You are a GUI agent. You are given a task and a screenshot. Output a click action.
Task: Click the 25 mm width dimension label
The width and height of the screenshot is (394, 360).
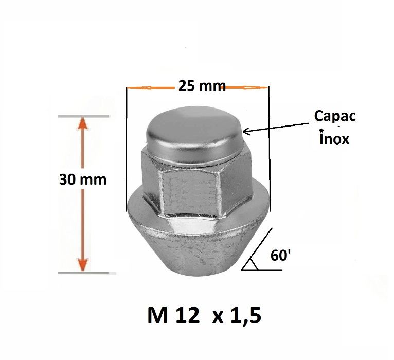[202, 86]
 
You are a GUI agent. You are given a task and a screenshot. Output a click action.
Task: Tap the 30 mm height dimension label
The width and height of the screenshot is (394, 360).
[83, 179]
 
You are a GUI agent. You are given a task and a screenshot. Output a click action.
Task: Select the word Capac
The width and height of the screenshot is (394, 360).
[334, 117]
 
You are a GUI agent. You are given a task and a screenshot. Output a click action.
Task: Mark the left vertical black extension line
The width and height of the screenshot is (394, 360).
[127, 149]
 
